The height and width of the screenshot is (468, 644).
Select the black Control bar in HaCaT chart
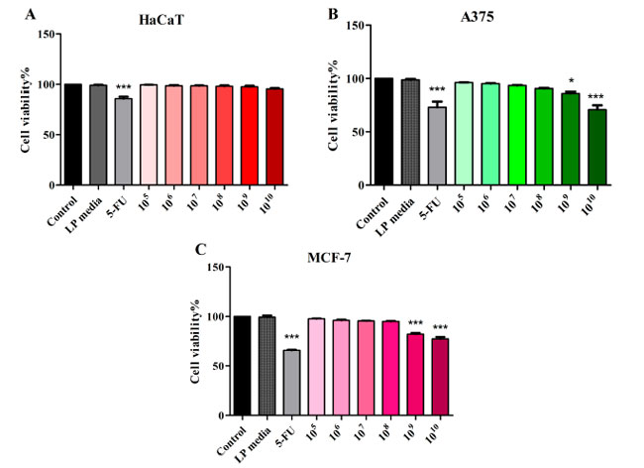[x=72, y=134]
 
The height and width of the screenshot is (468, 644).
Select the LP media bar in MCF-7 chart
[x=265, y=369]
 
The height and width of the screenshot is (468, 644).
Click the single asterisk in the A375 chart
[x=569, y=81]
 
